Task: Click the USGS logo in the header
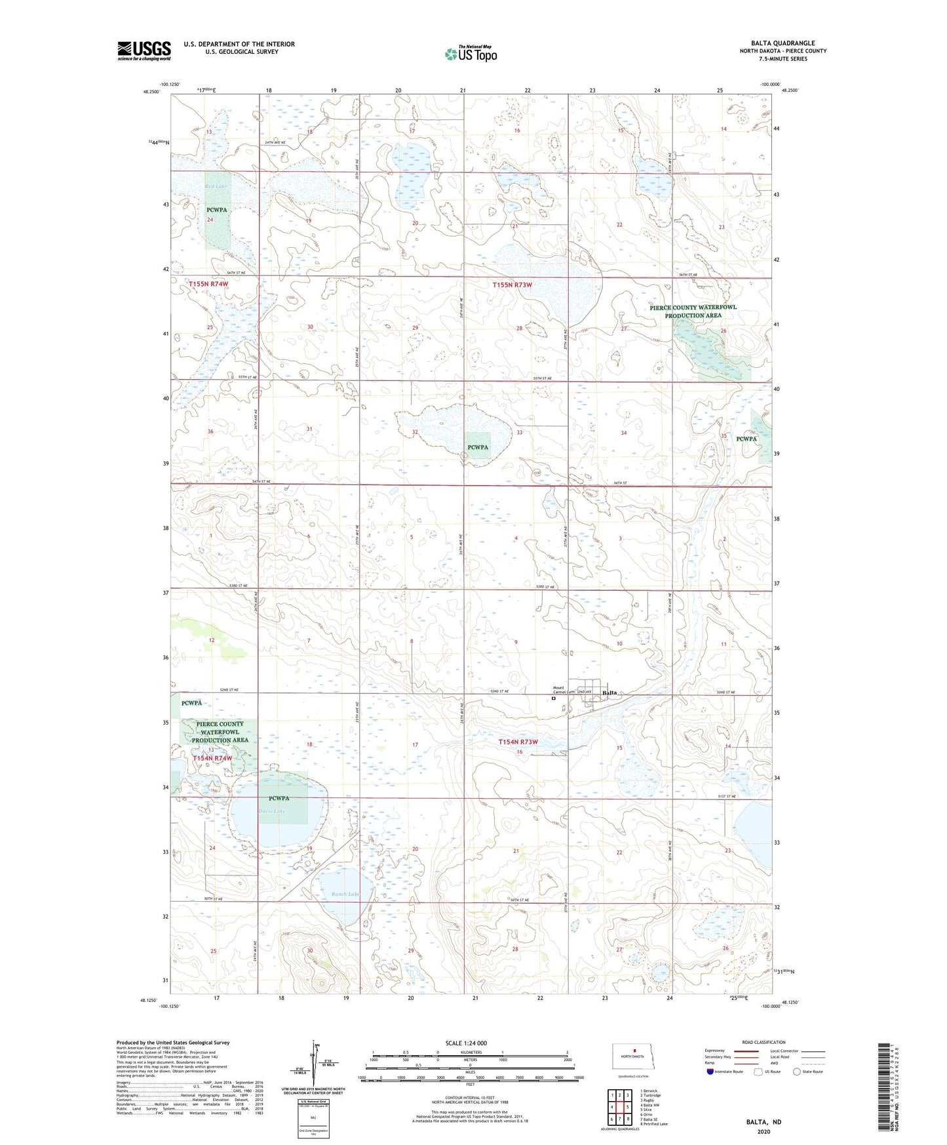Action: (x=144, y=50)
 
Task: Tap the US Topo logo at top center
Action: (x=471, y=54)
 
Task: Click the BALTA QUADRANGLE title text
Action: (x=783, y=43)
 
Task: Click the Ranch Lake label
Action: (x=345, y=894)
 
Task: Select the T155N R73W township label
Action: (x=512, y=285)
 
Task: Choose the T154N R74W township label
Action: (x=212, y=758)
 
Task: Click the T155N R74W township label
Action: (x=208, y=284)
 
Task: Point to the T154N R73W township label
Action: (x=518, y=742)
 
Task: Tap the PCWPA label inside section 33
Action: (x=478, y=447)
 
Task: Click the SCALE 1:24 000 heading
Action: (x=466, y=1043)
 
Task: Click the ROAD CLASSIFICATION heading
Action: (x=763, y=1042)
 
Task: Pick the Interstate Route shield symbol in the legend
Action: (x=710, y=1072)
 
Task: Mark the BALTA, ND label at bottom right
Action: (x=763, y=1122)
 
